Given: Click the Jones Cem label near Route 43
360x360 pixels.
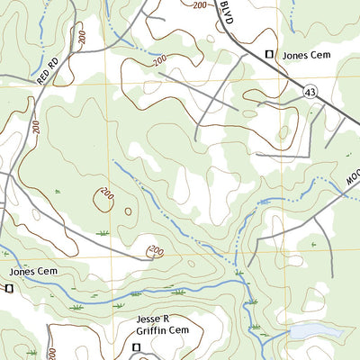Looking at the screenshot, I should tap(308, 55).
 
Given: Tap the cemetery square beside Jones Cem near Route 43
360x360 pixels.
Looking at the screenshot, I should tap(268, 55).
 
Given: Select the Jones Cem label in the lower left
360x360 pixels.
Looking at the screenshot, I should tap(35, 271).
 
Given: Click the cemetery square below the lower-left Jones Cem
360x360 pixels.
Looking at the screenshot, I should tap(9, 288).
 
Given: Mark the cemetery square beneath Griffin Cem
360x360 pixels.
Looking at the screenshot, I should tap(137, 346).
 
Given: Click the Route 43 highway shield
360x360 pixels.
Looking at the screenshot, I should tap(310, 92).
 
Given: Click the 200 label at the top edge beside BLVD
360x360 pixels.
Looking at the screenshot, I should tap(200, 4).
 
